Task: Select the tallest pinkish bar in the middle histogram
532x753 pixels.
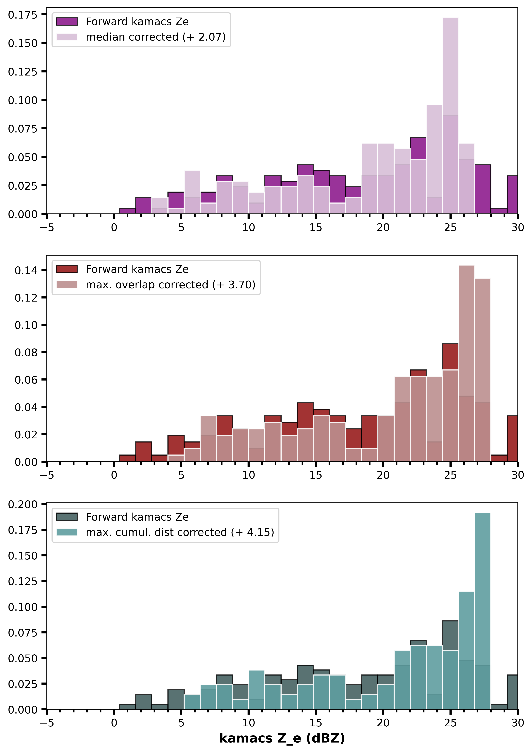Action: (466, 363)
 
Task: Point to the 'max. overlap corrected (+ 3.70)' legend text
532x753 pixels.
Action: (170, 285)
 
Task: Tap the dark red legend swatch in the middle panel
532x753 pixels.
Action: (67, 269)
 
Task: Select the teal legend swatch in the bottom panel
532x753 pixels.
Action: (67, 532)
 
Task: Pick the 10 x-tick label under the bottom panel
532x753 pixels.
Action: (249, 723)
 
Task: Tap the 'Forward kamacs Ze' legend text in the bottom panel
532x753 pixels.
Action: (137, 517)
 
